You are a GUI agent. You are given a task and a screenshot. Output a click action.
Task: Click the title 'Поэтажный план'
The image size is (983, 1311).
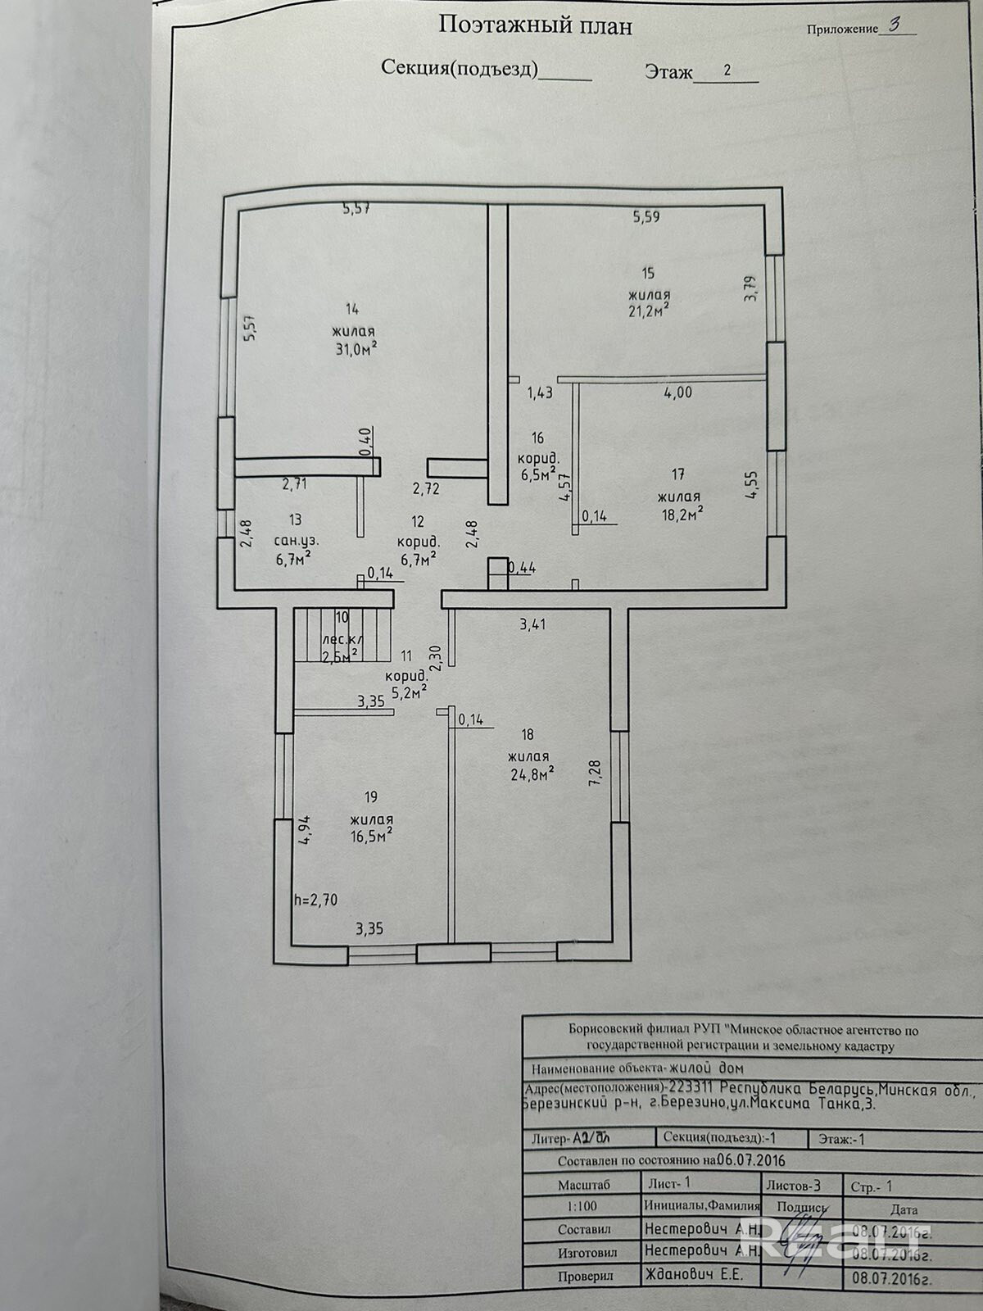tap(535, 25)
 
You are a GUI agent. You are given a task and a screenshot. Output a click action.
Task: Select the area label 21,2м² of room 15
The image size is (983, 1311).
tap(649, 311)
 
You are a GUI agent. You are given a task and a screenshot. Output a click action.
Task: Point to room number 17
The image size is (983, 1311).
tap(677, 474)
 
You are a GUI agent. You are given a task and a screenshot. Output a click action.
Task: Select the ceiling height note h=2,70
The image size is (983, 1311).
tap(315, 900)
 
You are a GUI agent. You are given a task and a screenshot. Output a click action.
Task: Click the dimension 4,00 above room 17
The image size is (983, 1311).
tap(677, 392)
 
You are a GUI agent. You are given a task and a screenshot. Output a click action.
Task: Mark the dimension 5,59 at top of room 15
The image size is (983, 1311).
tap(646, 217)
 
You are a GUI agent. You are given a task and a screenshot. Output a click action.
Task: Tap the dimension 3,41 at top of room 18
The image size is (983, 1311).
tap(532, 624)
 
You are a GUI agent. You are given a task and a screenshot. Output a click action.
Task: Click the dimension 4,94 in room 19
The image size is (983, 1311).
tap(304, 830)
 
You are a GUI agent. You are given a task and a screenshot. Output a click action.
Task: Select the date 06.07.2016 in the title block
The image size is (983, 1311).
tap(750, 1161)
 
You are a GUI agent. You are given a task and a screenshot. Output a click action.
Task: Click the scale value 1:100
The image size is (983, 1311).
tap(582, 1206)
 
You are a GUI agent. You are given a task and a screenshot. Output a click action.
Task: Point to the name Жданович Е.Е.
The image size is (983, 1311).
tap(693, 1275)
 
